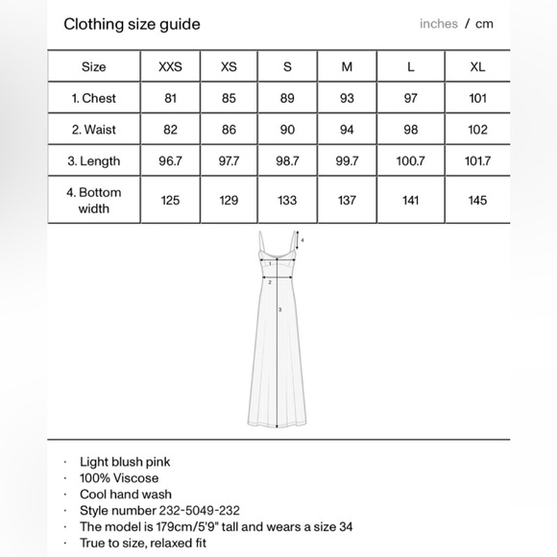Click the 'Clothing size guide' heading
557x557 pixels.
click(132, 24)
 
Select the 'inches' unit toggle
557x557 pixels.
click(438, 24)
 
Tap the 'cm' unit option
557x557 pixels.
click(484, 24)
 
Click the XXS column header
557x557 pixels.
click(170, 67)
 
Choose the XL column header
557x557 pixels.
click(477, 67)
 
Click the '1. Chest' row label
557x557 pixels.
click(94, 99)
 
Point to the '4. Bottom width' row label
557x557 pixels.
click(94, 200)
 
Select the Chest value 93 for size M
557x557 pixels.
click(347, 99)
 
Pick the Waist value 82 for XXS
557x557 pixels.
click(170, 130)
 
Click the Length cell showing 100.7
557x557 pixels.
click(410, 161)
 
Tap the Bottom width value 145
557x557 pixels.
click(477, 200)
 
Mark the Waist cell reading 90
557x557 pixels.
click(287, 130)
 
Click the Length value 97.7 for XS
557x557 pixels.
click(229, 161)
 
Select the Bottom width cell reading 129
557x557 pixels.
click(229, 200)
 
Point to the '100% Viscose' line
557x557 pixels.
click(119, 478)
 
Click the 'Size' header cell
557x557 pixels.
click(94, 67)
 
